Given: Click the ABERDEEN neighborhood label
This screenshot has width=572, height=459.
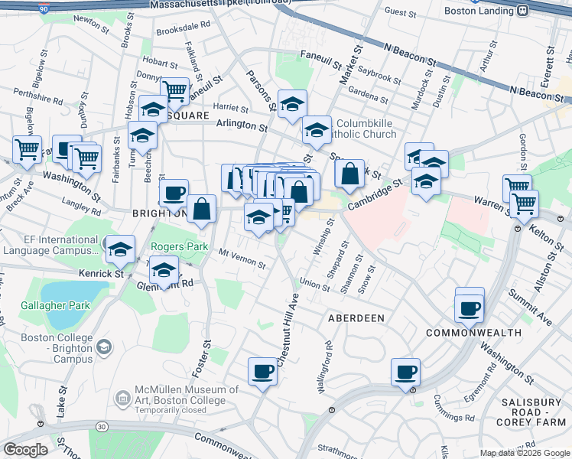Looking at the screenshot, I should click(356, 317).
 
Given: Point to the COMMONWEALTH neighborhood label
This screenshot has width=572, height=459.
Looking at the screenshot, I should click(473, 333).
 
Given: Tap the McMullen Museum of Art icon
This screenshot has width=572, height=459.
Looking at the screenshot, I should click(122, 398).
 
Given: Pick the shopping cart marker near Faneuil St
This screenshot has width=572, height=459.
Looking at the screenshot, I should click(174, 91).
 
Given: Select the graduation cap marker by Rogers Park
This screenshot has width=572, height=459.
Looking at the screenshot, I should click(119, 249).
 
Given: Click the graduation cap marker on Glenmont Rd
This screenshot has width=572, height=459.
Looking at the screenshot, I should click(164, 270).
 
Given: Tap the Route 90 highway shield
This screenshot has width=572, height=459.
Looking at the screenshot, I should click(44, 8).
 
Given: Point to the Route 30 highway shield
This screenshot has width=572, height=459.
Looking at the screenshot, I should click(100, 426).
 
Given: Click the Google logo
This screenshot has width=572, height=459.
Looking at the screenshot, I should click(26, 450).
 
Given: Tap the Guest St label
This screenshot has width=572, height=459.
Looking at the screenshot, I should click(400, 11).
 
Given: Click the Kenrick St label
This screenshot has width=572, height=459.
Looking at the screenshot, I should click(101, 272).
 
